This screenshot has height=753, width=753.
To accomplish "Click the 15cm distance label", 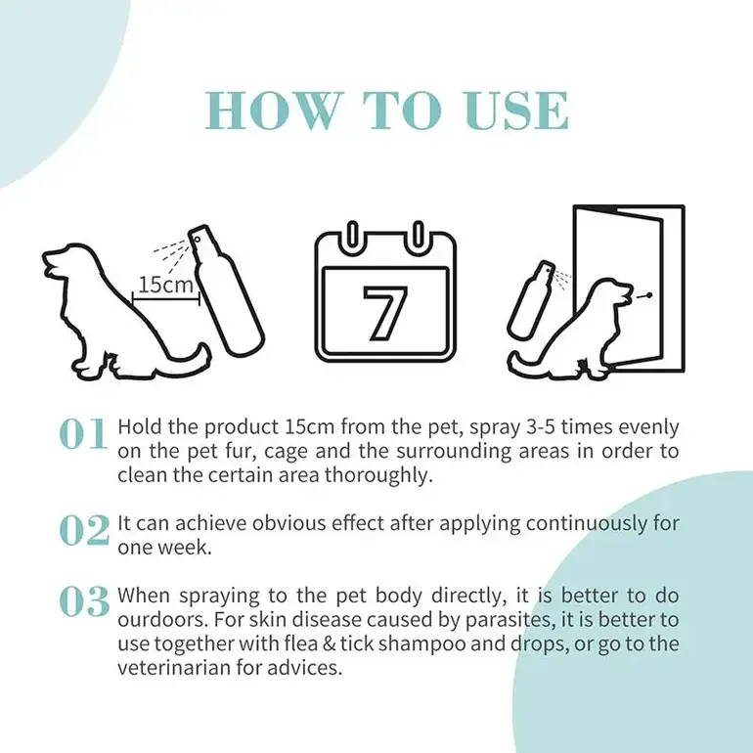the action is [165, 285].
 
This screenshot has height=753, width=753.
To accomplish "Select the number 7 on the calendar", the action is [385, 313].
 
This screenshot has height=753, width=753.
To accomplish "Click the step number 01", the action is [83, 433].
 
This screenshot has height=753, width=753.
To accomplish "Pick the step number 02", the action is [84, 530].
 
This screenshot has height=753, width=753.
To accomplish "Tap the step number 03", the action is [84, 601].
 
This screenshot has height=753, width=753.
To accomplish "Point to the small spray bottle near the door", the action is [532, 298].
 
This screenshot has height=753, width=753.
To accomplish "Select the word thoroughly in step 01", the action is [378, 476].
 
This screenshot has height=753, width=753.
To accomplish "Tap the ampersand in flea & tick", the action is [329, 644].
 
